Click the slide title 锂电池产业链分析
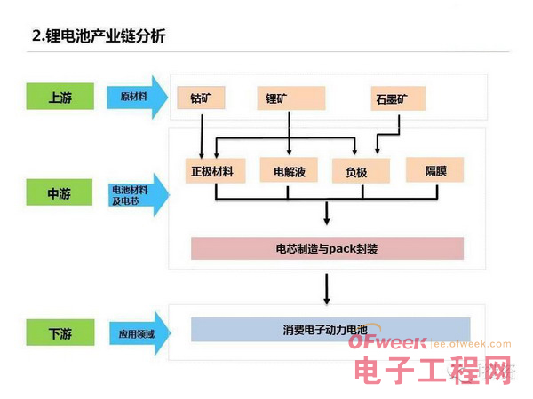click(x=99, y=36)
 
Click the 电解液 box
click(x=290, y=170)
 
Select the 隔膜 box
click(x=435, y=169)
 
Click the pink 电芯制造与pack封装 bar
click(x=327, y=248)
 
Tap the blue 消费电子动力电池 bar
click(x=330, y=329)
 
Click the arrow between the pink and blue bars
click(x=328, y=287)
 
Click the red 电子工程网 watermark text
click(x=434, y=372)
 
